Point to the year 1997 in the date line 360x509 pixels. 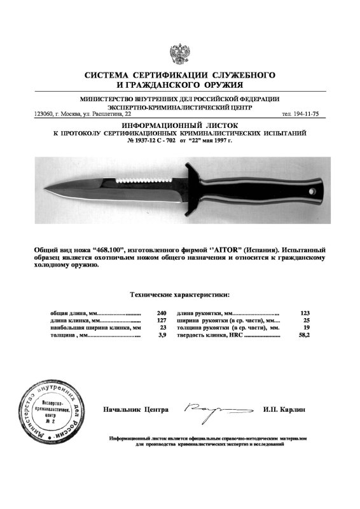223,141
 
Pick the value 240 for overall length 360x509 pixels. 161,314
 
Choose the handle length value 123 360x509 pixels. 304,314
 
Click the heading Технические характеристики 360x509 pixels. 180,295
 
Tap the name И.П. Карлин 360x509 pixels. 284,410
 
